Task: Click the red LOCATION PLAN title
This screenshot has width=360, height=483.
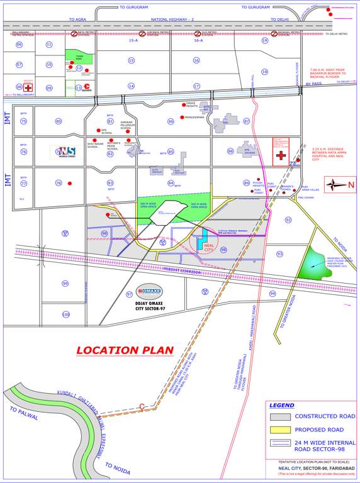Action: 124,350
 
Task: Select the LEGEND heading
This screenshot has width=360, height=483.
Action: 281,405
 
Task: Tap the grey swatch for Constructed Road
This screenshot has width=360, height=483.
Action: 281,416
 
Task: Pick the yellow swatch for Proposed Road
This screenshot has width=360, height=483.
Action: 281,430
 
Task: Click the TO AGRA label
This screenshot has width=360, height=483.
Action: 77,19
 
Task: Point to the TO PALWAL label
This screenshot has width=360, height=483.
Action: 24,413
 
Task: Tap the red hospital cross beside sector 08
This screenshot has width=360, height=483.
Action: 28,87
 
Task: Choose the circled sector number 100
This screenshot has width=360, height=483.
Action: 65,314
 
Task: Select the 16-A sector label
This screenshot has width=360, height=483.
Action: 198,40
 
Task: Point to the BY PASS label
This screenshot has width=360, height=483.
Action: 313,84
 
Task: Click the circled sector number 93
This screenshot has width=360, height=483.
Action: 279,253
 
